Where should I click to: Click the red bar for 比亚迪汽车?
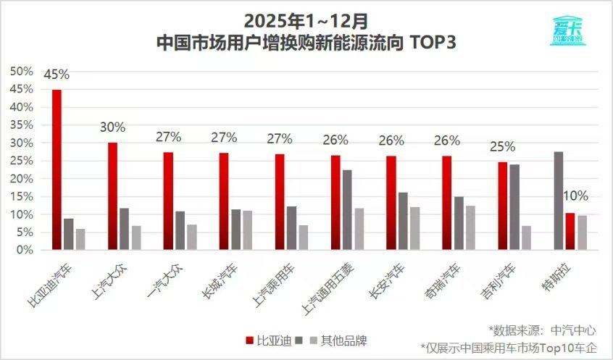(x=57, y=169)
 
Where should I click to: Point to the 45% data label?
(x=57, y=75)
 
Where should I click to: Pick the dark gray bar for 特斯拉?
(x=558, y=201)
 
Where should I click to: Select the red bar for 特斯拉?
(x=570, y=231)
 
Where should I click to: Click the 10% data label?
(x=577, y=196)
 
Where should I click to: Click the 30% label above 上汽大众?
(x=112, y=127)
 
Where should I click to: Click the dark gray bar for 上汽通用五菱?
(x=347, y=210)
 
